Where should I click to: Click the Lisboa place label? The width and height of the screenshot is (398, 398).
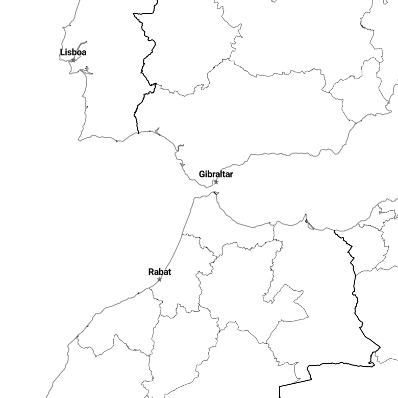click(73, 52)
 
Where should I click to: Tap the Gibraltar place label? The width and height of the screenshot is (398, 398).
click(216, 174)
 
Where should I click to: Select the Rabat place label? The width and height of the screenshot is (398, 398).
click(160, 272)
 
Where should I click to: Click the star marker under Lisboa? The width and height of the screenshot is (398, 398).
click(73, 60)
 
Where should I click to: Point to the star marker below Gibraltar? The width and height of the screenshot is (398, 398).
click(216, 182)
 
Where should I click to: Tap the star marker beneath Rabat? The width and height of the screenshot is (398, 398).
click(159, 279)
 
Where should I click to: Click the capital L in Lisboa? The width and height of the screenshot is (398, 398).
click(62, 52)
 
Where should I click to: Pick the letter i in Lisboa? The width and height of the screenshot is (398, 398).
click(66, 52)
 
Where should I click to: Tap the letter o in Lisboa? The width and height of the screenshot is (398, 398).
click(79, 53)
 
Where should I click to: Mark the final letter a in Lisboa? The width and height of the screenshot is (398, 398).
click(84, 53)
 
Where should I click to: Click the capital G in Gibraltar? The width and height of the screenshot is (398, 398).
click(202, 174)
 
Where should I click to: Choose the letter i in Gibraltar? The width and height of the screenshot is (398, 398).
click(207, 174)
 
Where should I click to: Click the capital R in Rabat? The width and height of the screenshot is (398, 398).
click(151, 272)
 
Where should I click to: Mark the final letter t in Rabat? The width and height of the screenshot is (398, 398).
click(169, 272)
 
